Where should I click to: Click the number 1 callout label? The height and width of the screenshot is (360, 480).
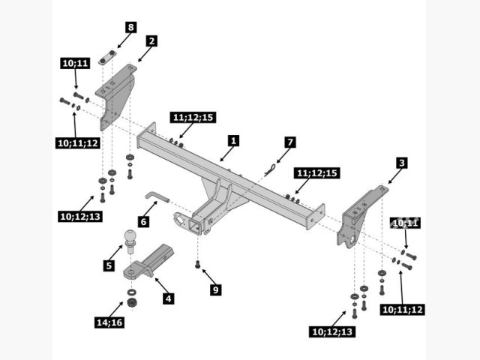coord(233,140)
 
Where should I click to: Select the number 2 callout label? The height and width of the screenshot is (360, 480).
coord(151,41)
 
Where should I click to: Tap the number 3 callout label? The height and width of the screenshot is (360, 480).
coord(402,163)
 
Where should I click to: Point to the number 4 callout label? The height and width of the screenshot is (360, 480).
coord(169,298)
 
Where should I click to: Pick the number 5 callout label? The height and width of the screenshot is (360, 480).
coord(109,264)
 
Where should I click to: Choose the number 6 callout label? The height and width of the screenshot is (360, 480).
coord(143,222)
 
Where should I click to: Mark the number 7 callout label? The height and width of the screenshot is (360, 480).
coord(290,142)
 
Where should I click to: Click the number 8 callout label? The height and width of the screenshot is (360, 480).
coord(130,28)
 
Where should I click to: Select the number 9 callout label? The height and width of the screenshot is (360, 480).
coord(215,289)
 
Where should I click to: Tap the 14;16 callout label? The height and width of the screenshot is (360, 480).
coord(109,322)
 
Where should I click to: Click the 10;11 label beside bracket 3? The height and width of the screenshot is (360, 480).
coord(405,223)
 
